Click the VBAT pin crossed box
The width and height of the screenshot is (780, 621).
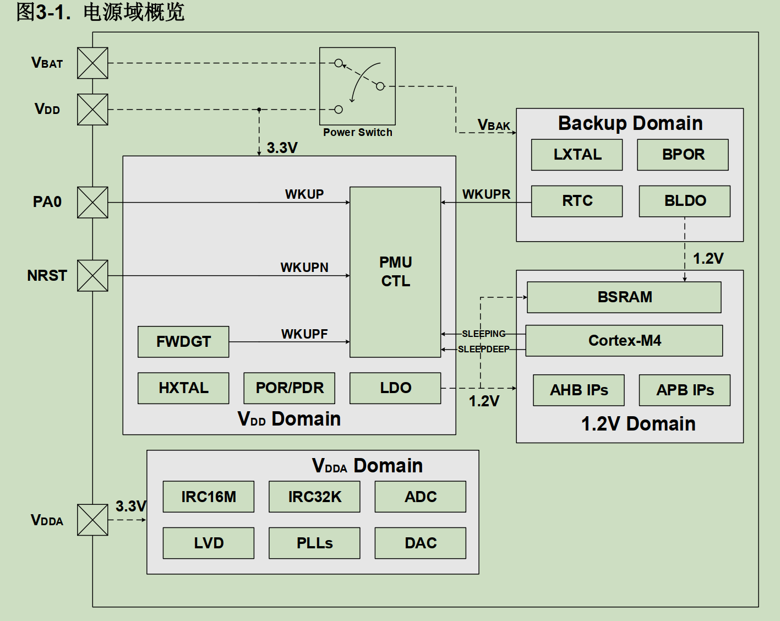[x=92, y=63]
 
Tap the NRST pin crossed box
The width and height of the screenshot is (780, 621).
[x=92, y=275]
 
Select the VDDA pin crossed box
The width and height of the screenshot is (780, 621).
[x=92, y=520]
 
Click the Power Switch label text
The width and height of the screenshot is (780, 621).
[x=358, y=132]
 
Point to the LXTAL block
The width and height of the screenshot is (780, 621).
[x=577, y=155]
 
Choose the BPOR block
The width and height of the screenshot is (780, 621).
[x=683, y=155]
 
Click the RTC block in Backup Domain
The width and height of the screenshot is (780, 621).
[x=577, y=201]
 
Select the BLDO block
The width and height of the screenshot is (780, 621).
[x=684, y=201]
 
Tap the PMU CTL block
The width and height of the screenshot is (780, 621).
[x=395, y=272]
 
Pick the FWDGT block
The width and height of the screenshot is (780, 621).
[x=183, y=342]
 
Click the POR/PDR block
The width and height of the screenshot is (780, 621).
[x=289, y=388]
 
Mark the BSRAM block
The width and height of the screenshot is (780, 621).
[x=624, y=297]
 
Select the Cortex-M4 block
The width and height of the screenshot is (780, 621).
[x=624, y=341]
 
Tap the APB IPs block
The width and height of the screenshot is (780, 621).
[x=684, y=390]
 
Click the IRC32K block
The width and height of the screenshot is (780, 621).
[x=314, y=497]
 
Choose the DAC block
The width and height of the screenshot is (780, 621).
[x=420, y=543]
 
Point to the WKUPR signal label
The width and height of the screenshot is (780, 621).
[x=486, y=194]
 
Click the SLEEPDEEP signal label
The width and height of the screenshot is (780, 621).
[x=484, y=349]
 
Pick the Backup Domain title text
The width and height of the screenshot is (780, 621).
[x=630, y=123]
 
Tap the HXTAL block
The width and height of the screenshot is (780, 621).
[x=183, y=388]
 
